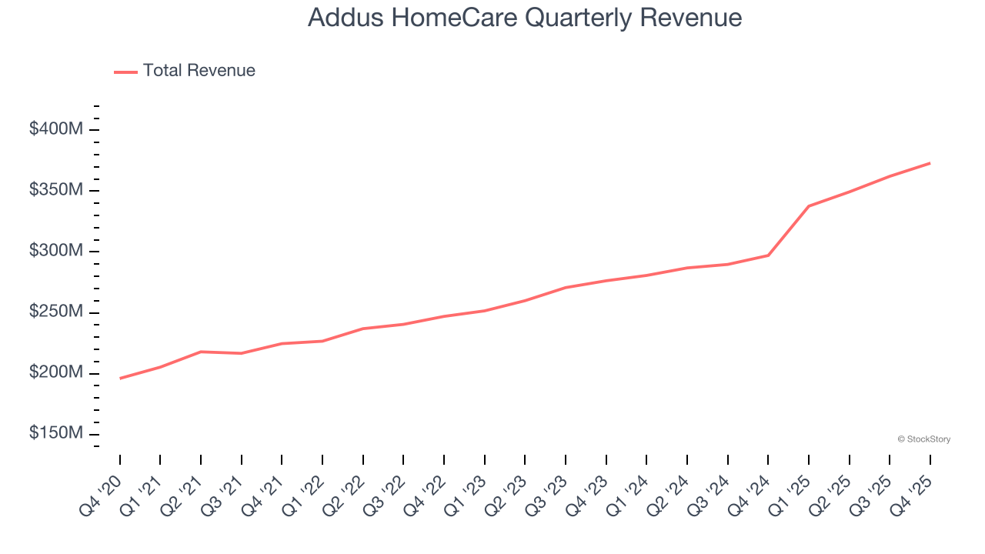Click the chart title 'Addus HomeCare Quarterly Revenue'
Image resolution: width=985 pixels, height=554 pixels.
pyautogui.click(x=525, y=18)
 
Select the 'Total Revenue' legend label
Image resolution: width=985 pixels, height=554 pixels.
pyautogui.click(x=199, y=71)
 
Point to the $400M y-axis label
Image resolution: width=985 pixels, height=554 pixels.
pyautogui.click(x=55, y=129)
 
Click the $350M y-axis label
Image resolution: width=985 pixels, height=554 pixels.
pyautogui.click(x=55, y=190)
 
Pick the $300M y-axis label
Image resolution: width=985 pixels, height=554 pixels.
pyautogui.click(x=55, y=251)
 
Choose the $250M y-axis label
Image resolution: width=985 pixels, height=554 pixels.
pyautogui.click(x=55, y=312)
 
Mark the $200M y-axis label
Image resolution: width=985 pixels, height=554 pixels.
pyautogui.click(x=55, y=372)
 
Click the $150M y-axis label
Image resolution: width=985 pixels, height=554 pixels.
pyautogui.click(x=55, y=433)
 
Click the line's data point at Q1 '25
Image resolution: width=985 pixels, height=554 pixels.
pyautogui.click(x=809, y=206)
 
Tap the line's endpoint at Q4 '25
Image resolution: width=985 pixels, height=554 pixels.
pyautogui.click(x=930, y=163)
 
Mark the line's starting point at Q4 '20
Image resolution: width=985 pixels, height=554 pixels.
pyautogui.click(x=120, y=379)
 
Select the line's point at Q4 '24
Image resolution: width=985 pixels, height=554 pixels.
pyautogui.click(x=768, y=255)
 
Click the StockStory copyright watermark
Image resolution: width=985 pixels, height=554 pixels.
pyautogui.click(x=923, y=439)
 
